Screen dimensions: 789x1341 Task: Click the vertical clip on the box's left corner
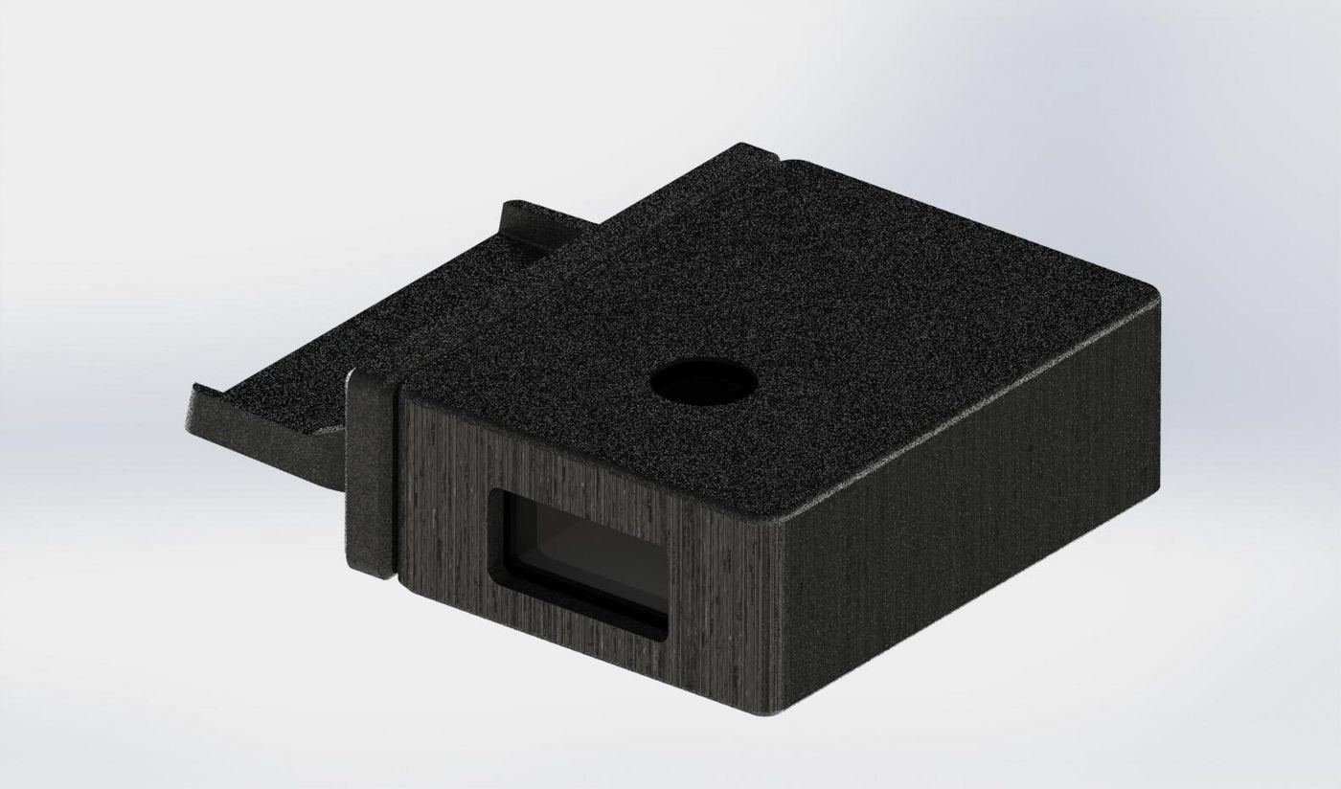tap(371, 474)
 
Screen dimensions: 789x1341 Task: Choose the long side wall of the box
tap(967, 536)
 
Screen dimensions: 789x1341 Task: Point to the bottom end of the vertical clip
tap(375, 572)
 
